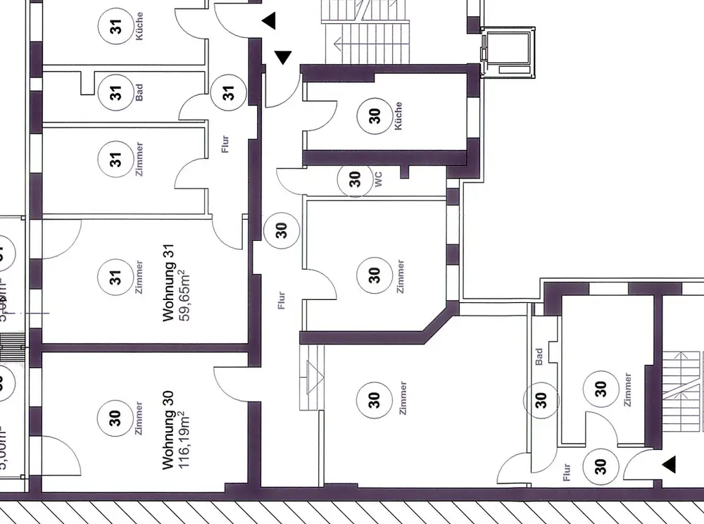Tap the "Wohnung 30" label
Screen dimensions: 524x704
168,431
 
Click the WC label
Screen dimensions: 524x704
378,181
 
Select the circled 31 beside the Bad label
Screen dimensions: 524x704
115,93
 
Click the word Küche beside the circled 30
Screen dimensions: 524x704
398,115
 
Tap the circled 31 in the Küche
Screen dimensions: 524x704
116,27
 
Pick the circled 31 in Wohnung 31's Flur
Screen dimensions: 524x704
228,92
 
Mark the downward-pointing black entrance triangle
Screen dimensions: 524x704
282,57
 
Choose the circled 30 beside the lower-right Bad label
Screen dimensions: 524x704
541,400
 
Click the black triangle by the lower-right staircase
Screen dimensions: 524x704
668,464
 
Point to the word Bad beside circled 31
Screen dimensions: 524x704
139,92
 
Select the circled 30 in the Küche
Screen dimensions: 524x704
375,116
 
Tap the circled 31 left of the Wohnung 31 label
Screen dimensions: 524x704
116,275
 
